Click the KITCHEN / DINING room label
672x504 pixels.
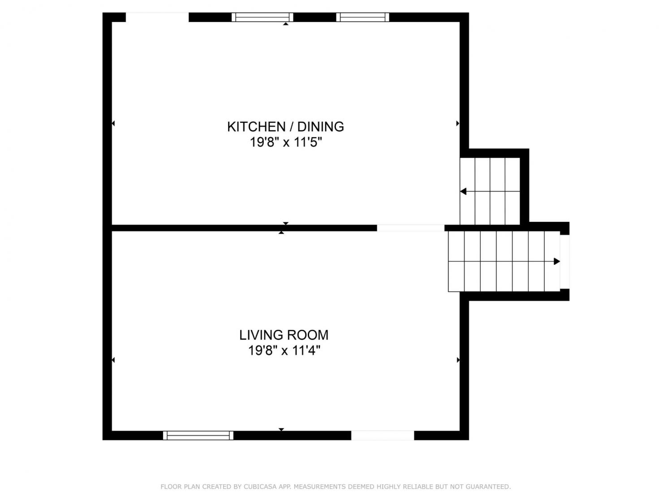(285, 127)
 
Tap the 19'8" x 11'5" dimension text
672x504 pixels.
(286, 142)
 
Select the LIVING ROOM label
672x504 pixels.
(284, 335)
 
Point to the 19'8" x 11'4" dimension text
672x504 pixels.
(284, 350)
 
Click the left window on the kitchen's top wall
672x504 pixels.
(263, 17)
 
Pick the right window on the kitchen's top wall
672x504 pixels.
(362, 17)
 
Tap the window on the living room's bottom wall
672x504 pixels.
(198, 435)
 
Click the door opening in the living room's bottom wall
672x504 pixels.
(383, 435)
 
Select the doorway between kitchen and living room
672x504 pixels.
(410, 228)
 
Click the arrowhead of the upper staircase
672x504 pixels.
(463, 191)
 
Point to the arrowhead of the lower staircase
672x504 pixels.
(557, 261)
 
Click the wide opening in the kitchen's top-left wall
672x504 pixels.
(157, 17)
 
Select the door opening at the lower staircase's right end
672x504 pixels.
(565, 262)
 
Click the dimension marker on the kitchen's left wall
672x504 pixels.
(113, 123)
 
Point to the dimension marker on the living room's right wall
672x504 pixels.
(458, 360)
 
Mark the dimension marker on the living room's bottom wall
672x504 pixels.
(281, 429)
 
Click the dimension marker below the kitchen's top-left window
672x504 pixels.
(286, 24)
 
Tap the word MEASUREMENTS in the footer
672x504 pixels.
(327, 487)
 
